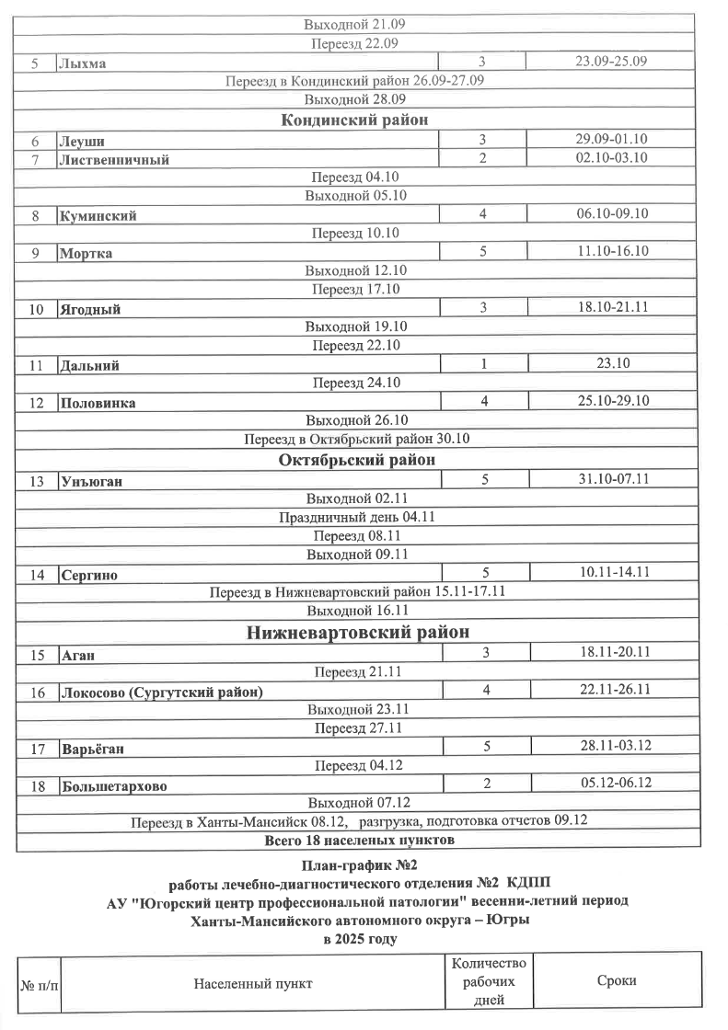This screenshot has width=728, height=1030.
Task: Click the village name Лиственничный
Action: tap(114, 159)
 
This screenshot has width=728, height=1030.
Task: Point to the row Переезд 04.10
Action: tap(355, 177)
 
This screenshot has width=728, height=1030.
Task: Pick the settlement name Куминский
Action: tap(98, 216)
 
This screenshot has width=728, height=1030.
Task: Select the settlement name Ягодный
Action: tap(90, 310)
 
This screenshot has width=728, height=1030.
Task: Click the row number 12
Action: tap(37, 403)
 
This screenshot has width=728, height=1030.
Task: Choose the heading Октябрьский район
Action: tap(357, 460)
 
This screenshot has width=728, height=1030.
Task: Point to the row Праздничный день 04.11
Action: tap(357, 517)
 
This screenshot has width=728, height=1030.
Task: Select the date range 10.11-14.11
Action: tap(615, 572)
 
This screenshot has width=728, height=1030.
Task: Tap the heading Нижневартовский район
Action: tap(359, 633)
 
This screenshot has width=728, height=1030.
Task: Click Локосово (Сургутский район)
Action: tap(161, 692)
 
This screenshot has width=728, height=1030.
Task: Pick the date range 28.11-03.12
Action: tap(615, 747)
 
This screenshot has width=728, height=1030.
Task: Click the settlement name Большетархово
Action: tap(113, 786)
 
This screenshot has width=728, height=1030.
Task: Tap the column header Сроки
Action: tap(617, 981)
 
